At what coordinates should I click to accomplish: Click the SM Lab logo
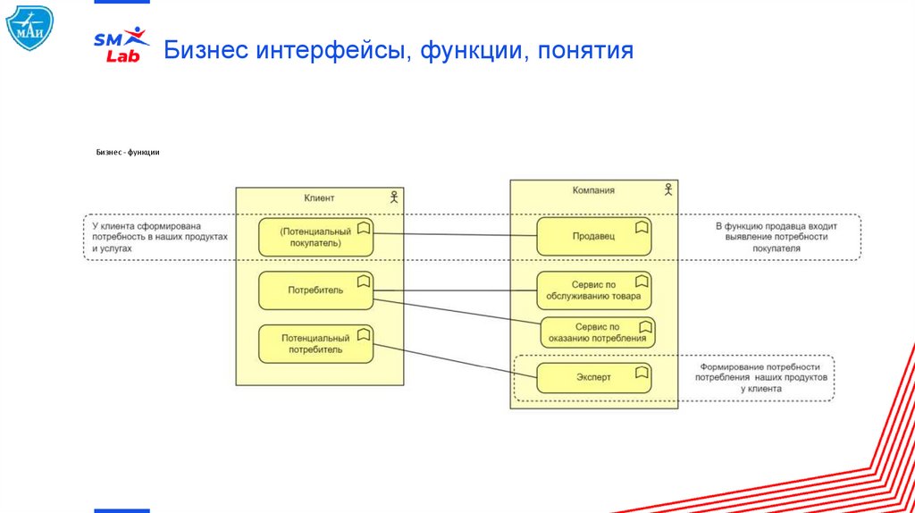coord(122,45)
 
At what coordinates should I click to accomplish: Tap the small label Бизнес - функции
coord(128,153)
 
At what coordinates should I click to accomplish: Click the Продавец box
coord(593,237)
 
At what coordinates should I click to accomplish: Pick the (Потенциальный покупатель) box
coord(315,237)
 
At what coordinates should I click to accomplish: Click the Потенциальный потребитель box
coord(315,344)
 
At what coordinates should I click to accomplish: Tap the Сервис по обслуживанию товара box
coord(593,290)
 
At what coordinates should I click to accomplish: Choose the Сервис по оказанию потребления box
coord(597,332)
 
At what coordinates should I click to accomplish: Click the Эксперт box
coord(593,377)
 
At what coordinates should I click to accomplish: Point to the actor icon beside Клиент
coord(393,197)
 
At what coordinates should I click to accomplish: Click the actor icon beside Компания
coord(667,189)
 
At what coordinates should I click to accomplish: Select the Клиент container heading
coord(319,198)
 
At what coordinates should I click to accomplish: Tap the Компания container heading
coord(593,190)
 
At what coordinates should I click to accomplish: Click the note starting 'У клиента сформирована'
coord(159,237)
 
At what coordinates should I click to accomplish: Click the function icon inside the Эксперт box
coord(641,371)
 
